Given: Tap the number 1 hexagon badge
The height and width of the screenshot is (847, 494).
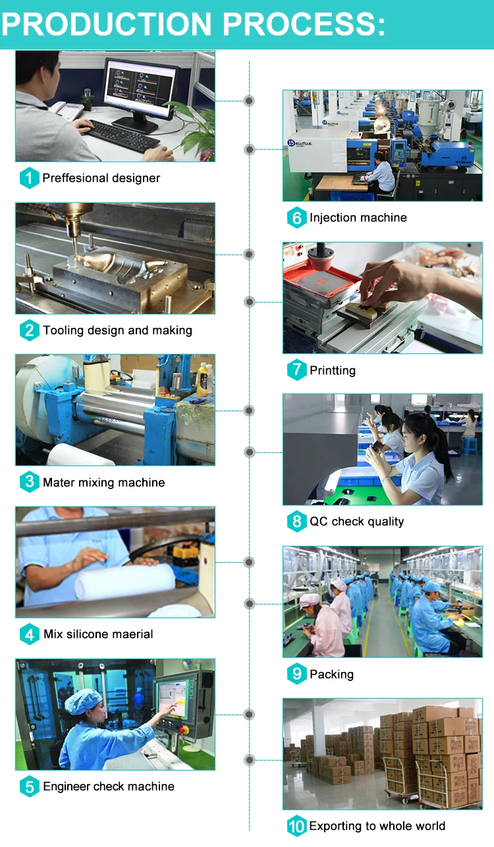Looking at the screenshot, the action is pyautogui.click(x=29, y=178).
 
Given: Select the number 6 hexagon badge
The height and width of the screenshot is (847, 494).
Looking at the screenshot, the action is pyautogui.click(x=296, y=218).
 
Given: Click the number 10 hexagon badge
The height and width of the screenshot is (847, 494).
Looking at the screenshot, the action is pyautogui.click(x=296, y=827).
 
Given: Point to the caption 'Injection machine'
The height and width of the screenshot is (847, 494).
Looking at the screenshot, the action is pyautogui.click(x=358, y=218).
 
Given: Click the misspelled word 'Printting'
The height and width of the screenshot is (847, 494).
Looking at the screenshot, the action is pyautogui.click(x=333, y=370).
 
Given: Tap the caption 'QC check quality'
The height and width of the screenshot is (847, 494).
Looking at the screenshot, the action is pyautogui.click(x=356, y=522).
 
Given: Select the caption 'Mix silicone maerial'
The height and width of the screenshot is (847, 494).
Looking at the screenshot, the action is pyautogui.click(x=98, y=634).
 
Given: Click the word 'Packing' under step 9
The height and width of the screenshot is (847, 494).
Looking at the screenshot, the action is pyautogui.click(x=331, y=674).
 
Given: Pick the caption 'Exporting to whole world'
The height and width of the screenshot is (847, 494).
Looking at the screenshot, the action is pyautogui.click(x=377, y=827).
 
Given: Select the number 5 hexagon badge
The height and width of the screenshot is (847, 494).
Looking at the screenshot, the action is pyautogui.click(x=29, y=786).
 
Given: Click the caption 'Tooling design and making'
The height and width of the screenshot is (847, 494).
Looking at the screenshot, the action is pyautogui.click(x=117, y=330).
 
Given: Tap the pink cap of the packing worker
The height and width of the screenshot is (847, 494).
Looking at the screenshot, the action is pyautogui.click(x=309, y=600).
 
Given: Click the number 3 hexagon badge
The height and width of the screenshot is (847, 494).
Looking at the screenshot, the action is pyautogui.click(x=29, y=482).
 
